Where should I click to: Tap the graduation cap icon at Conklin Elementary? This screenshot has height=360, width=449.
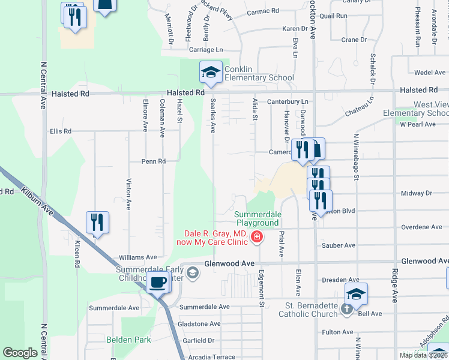[x=211, y=73]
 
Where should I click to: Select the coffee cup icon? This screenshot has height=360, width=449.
[x=158, y=282]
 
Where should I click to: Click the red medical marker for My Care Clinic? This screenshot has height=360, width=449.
[x=257, y=238]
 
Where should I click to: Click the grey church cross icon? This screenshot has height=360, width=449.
[x=346, y=309]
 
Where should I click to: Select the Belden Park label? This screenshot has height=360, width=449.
[x=127, y=339]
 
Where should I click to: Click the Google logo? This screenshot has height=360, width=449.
[x=20, y=353]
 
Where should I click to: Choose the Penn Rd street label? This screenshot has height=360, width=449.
[x=153, y=161]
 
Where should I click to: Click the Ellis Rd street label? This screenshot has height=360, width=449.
[x=61, y=131]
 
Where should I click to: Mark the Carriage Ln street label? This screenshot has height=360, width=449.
[x=206, y=50]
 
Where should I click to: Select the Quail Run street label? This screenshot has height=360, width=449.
[x=334, y=16]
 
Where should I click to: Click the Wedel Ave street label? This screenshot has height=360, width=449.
[x=430, y=73]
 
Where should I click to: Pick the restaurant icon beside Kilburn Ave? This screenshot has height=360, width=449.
[x=97, y=223]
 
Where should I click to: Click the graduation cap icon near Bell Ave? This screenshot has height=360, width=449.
[x=356, y=294]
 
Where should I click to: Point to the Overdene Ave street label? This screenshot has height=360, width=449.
[x=421, y=227]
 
